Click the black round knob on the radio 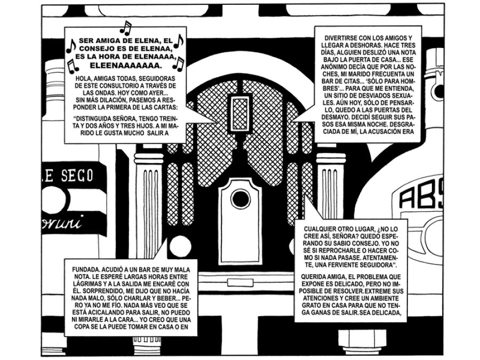point(239,200)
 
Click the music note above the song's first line point(125,27)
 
